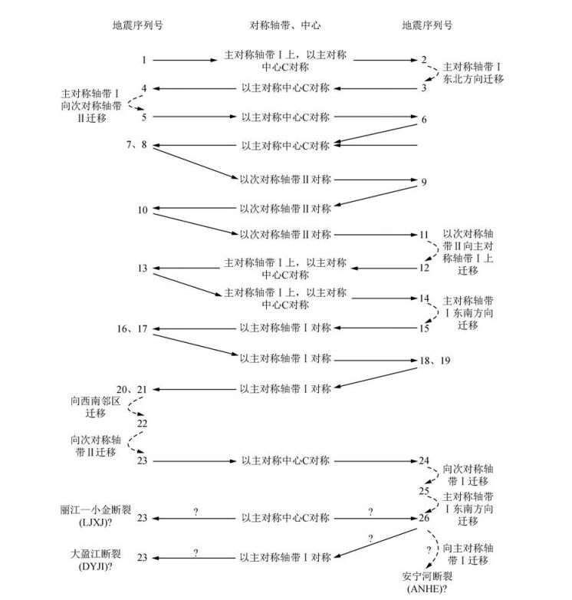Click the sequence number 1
[143, 59]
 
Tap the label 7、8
[137, 145]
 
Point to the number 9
[423, 183]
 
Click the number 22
[143, 423]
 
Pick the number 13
[143, 268]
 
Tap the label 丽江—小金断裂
[90, 509]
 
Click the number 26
[423, 519]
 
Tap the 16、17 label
[132, 328]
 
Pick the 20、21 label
[132, 390]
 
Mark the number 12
[423, 268]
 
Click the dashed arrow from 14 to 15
[432, 315]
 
